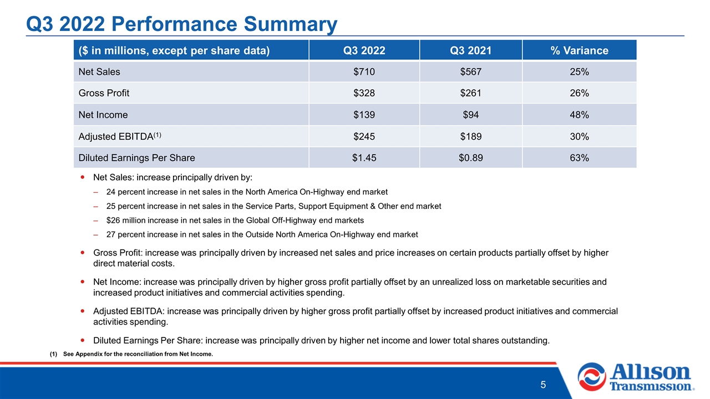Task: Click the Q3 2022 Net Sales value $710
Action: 364,71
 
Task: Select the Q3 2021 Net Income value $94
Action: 471,115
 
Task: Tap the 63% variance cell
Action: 579,158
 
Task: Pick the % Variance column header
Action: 579,50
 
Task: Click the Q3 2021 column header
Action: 471,50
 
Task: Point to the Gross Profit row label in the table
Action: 104,93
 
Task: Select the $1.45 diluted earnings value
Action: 364,158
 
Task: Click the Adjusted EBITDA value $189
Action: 471,136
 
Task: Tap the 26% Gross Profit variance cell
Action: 579,93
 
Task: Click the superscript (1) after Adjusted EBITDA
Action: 158,135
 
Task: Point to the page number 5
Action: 543,385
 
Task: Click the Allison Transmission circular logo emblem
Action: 592,377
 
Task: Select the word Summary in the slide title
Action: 290,24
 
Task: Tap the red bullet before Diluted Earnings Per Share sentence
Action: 83,340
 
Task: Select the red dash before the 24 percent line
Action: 95,192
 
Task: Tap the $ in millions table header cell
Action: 191,50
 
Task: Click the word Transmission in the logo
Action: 651,386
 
